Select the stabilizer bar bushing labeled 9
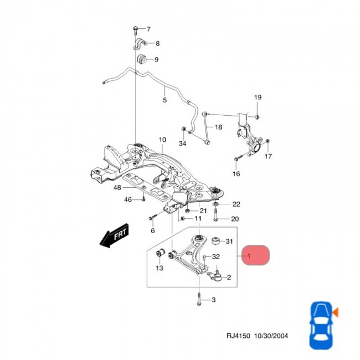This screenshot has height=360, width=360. [x=141, y=59]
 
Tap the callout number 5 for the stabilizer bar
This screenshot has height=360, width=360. [x=164, y=100]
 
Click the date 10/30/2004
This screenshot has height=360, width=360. [x=271, y=336]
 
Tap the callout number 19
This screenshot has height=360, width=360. [x=258, y=98]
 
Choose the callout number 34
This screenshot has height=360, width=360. [x=182, y=144]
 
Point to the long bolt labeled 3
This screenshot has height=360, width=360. [x=198, y=300]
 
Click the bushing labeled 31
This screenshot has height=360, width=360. [x=218, y=241]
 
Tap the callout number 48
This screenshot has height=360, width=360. [x=117, y=188]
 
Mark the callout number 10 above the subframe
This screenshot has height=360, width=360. [x=162, y=140]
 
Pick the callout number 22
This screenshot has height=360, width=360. [x=236, y=204]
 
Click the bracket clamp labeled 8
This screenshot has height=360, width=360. [x=138, y=43]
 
